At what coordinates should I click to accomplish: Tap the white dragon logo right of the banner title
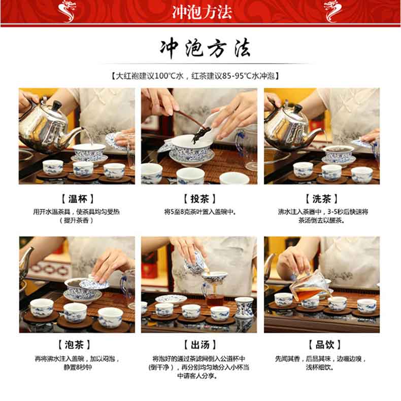332,11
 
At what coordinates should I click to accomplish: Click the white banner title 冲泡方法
202,12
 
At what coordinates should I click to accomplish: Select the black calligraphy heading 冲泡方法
205,48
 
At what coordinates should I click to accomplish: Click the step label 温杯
77,199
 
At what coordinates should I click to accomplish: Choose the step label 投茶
199,199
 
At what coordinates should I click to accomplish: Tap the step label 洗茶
322,199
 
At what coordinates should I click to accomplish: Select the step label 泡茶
74,345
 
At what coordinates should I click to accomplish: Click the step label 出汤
200,345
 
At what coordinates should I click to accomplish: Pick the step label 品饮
325,345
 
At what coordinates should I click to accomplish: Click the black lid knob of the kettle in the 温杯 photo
57,104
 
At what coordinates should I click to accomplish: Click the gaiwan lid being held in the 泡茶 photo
94,282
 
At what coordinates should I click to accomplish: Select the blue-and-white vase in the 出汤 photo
244,308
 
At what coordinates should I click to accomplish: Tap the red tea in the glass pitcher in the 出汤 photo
215,300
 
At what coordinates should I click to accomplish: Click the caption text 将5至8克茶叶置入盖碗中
199,212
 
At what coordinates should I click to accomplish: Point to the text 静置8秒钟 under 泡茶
78,368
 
